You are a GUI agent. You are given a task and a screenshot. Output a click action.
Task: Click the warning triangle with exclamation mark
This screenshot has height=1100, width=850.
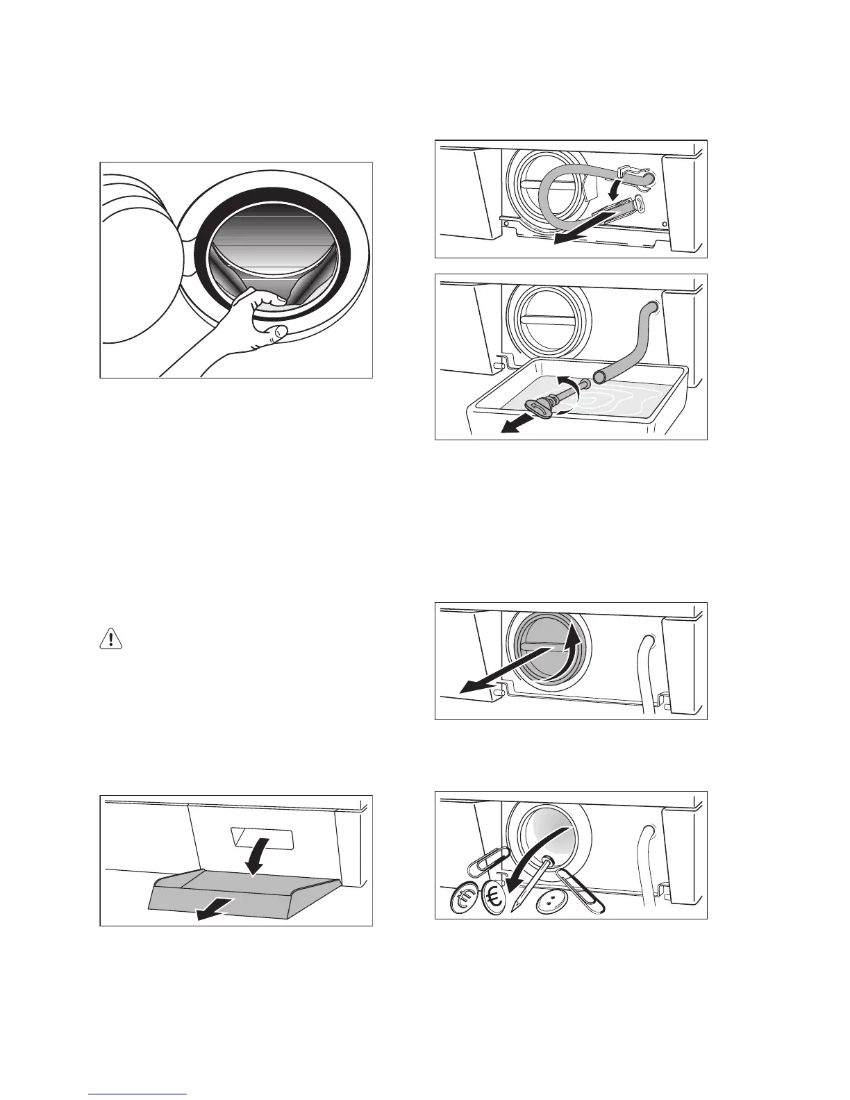pyautogui.click(x=111, y=638)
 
